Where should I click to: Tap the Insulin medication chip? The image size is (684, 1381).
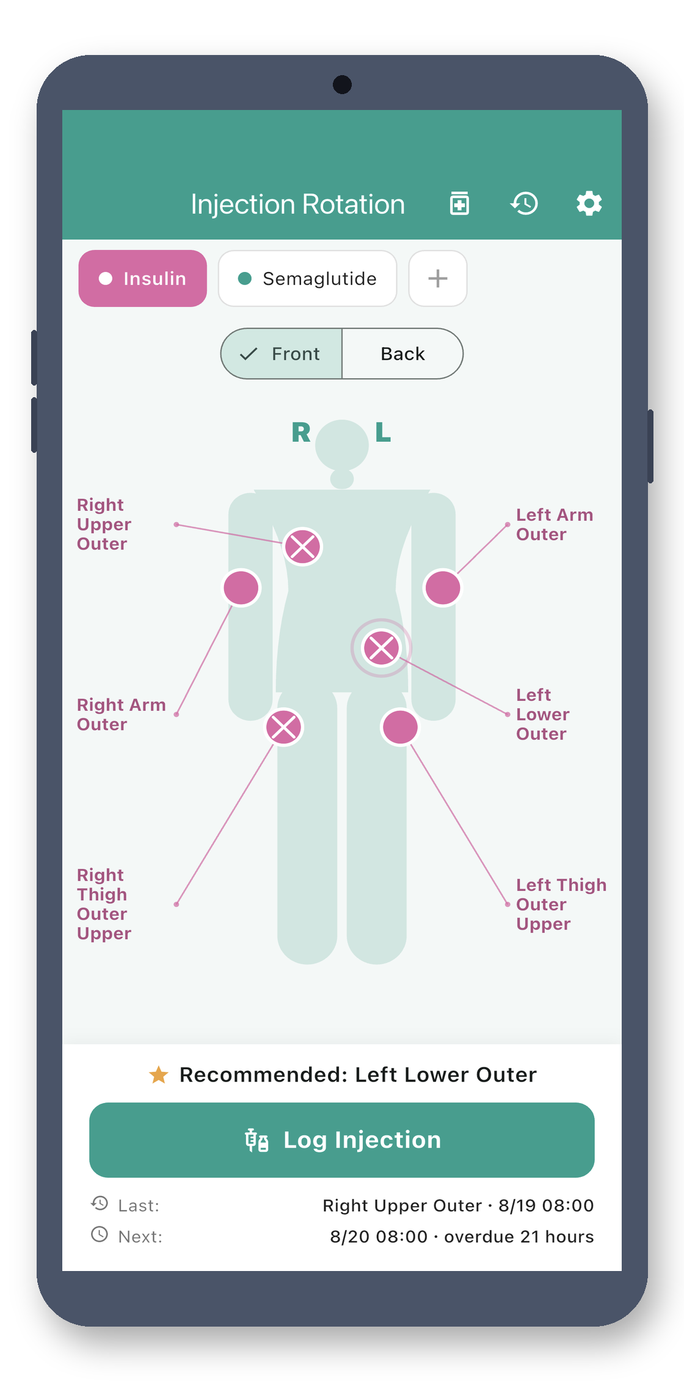pos(143,279)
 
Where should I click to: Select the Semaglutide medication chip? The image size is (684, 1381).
pos(308,279)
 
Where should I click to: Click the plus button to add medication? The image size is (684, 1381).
pos(438,279)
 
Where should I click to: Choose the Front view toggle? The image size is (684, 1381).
pos(282,354)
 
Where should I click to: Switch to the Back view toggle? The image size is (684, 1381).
pos(402,354)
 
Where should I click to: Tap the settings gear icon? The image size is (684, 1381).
pos(589,203)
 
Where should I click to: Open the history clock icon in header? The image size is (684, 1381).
pos(525,203)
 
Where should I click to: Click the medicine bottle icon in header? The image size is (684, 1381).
pos(459,203)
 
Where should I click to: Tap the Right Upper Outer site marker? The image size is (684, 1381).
pos(303,546)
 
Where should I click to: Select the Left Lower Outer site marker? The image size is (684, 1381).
pos(382,648)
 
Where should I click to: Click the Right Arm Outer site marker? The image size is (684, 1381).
pos(241,588)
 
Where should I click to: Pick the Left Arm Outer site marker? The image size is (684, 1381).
pos(443,588)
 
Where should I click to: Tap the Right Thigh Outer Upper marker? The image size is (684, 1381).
pos(284,727)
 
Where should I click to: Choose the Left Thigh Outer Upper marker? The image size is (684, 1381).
pos(400,727)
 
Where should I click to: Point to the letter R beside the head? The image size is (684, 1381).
pos(301,433)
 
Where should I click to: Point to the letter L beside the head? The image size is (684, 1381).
pos(383,433)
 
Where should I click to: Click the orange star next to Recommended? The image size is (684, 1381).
pos(159,1074)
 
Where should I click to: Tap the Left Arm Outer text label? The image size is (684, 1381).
pos(555,524)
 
